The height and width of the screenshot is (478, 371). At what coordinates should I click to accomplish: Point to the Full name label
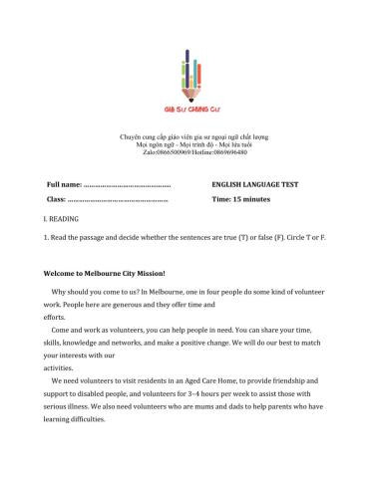tap(64, 185)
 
